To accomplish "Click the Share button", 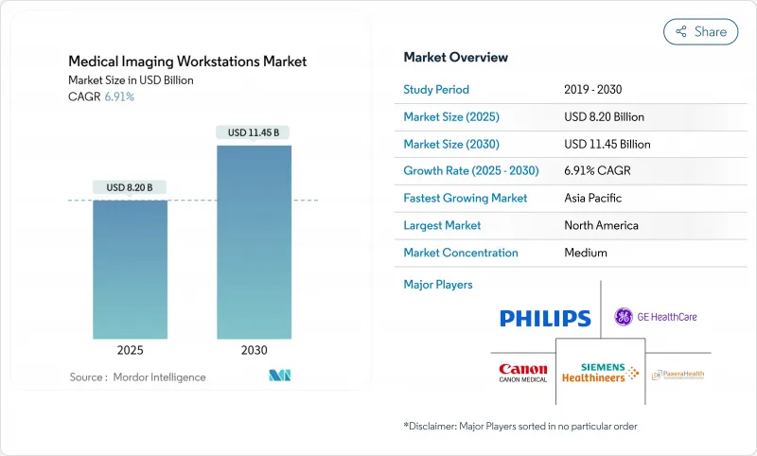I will [701, 31].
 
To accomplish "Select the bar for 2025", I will [130, 269].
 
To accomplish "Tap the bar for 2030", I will [254, 241].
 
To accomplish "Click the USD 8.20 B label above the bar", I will [130, 187].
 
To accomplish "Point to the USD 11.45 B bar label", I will [254, 132].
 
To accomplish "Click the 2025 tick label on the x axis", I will [130, 350].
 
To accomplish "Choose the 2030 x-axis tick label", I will [254, 350].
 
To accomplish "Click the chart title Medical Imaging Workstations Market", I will [187, 61].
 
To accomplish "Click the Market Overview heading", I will [455, 58].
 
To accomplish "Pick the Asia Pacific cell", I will [594, 199].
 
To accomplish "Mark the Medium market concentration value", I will [586, 253].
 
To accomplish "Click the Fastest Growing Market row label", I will [465, 199].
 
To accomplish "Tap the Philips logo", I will [545, 318].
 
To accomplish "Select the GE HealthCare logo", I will [655, 317].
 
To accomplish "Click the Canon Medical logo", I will [522, 372].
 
